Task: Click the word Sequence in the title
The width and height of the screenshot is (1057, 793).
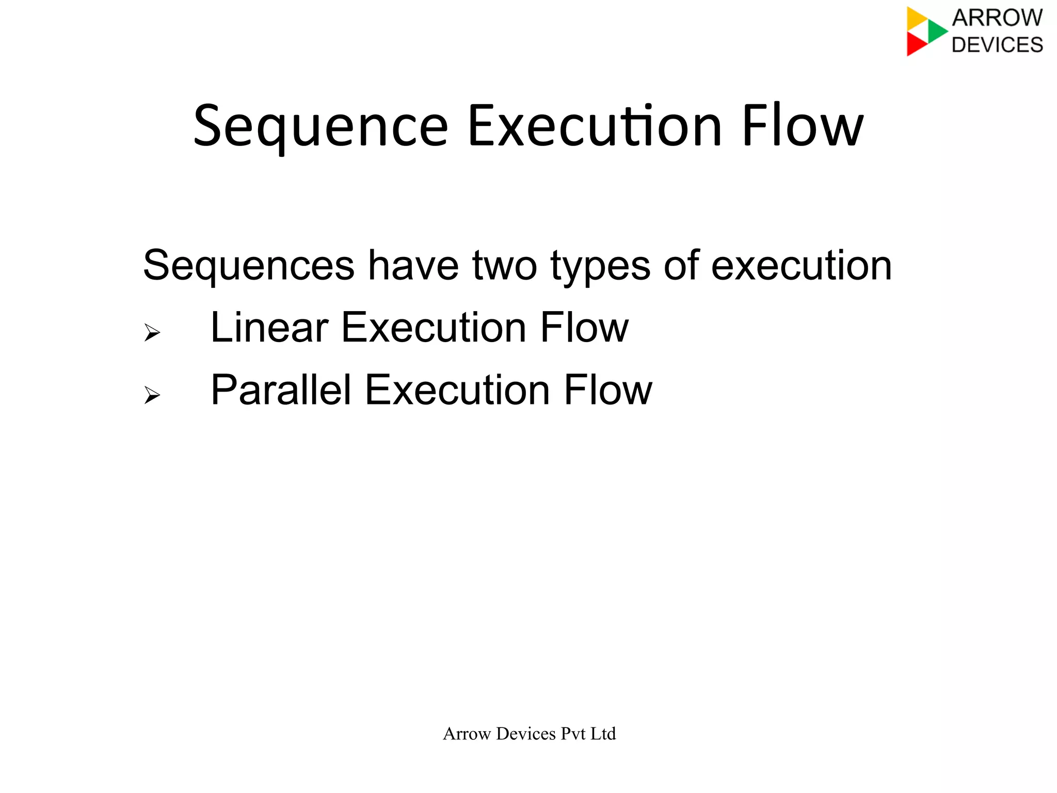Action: (x=321, y=127)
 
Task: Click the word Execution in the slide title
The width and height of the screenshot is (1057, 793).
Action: (x=594, y=127)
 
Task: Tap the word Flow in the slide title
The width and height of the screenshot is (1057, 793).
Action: (x=802, y=127)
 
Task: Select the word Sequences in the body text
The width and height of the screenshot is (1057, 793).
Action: (x=248, y=266)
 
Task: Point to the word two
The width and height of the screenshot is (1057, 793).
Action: (x=504, y=266)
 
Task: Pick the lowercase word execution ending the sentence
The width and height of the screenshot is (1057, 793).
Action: (x=801, y=266)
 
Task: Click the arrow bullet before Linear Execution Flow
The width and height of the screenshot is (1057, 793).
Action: (x=152, y=332)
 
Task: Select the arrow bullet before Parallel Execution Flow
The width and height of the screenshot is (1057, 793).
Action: (x=152, y=395)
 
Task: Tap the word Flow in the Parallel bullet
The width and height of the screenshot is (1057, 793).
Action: (x=608, y=390)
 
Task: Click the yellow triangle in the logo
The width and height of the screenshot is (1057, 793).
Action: (x=916, y=19)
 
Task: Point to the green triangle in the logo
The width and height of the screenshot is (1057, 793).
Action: (x=936, y=31)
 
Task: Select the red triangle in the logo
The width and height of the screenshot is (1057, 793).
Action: (x=915, y=44)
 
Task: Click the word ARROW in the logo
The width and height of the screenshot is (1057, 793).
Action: (x=997, y=18)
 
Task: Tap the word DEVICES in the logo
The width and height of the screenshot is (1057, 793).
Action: (x=997, y=45)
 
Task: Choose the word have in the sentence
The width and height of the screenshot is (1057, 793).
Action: (x=413, y=266)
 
